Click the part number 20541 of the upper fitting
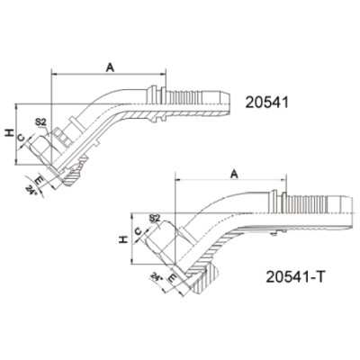[x=266, y=103]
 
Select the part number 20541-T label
[x=295, y=276]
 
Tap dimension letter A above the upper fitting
[x=111, y=68]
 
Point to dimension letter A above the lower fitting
[x=235, y=174]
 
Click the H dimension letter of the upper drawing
[x=10, y=133]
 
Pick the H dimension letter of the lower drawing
[x=123, y=239]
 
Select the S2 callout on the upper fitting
[x=40, y=122]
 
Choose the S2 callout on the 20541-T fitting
[x=155, y=219]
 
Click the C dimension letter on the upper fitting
[x=21, y=138]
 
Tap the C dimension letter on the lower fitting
[x=138, y=231]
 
